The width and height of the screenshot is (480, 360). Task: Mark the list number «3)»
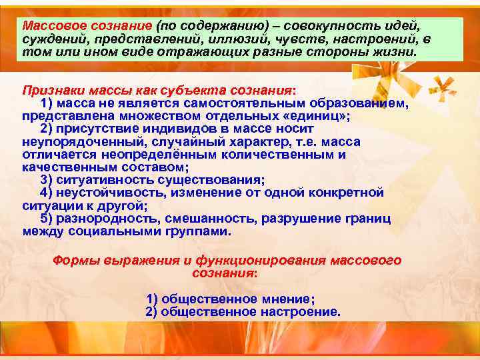pyautogui.click(x=46, y=180)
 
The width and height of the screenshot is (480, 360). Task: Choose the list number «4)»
pyautogui.click(x=46, y=193)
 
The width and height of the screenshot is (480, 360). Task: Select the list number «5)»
pyautogui.click(x=46, y=219)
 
